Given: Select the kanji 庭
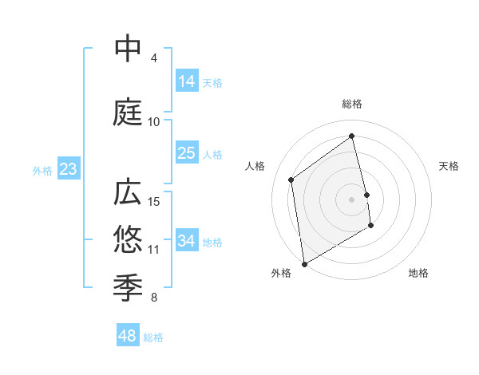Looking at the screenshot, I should coord(129,112).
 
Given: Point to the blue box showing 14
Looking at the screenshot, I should coord(187,81).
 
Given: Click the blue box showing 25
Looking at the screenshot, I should coord(187,153).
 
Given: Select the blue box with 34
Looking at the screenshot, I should coord(187,241).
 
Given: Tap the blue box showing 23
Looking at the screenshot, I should coord(68,169).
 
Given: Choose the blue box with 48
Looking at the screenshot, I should coord(128,336).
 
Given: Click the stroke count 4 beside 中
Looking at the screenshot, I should coord(153,58).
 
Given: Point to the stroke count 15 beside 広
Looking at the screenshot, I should coord(154,202).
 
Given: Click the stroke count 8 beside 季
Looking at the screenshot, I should coord(153,298).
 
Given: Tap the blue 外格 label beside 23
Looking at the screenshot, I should coord(42,171).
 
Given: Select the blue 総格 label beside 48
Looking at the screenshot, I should coord(153,337).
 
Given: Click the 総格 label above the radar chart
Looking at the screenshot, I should coord(352,104).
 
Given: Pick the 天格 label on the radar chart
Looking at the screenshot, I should coord(449,166).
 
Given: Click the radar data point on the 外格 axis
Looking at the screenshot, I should coord(304,262).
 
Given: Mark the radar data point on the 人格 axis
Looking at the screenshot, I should coord(291,180).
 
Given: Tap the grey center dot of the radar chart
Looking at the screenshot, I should coord(352,199).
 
